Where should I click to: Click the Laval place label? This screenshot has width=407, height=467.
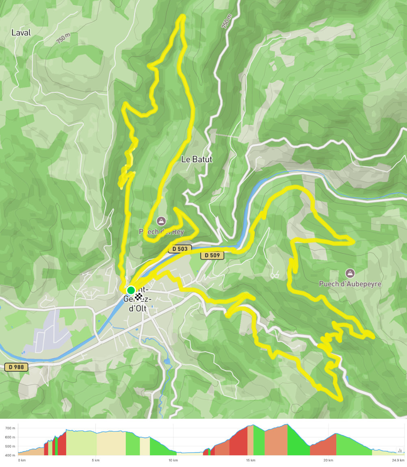[21, 32]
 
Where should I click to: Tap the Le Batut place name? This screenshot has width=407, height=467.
[197, 159]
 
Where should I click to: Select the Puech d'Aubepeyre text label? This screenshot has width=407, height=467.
[350, 284]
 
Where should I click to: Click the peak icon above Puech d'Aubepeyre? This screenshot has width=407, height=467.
[349, 273]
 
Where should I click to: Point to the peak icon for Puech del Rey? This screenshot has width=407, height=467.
[161, 221]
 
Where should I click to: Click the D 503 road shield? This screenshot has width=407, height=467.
[180, 249]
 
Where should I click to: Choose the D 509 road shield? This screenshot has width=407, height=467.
[212, 256]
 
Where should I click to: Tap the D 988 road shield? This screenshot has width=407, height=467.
[16, 367]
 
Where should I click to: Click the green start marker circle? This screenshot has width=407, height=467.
[131, 290]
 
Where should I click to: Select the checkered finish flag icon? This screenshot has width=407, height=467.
[139, 296]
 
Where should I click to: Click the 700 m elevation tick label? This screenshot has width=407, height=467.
[10, 428]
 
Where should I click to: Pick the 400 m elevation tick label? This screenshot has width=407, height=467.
[10, 455]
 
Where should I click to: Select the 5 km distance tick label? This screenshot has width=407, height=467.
[95, 461]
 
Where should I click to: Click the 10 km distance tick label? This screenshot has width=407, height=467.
[173, 461]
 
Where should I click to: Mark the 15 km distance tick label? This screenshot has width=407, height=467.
[251, 461]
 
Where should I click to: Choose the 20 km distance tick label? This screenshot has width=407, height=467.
[328, 461]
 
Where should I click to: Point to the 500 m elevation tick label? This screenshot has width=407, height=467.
[10, 446]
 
